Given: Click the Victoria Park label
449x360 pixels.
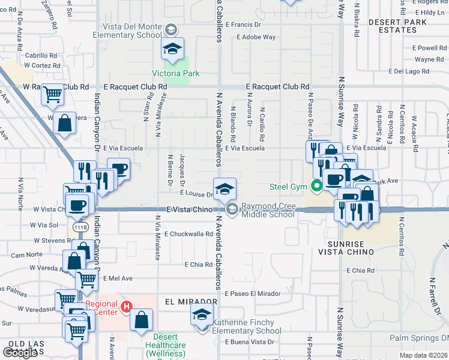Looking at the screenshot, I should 175,73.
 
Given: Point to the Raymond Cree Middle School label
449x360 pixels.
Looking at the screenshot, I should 268,210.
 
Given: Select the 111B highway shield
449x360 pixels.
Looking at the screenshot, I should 80,228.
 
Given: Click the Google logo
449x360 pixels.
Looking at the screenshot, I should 20,352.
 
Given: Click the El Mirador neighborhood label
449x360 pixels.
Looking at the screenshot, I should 190,302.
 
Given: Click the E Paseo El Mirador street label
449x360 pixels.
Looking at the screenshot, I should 253,293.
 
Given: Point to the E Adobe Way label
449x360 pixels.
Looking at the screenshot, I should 256,37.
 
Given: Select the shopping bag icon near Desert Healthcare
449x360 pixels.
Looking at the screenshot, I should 142,319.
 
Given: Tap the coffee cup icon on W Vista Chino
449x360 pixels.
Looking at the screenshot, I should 77,205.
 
